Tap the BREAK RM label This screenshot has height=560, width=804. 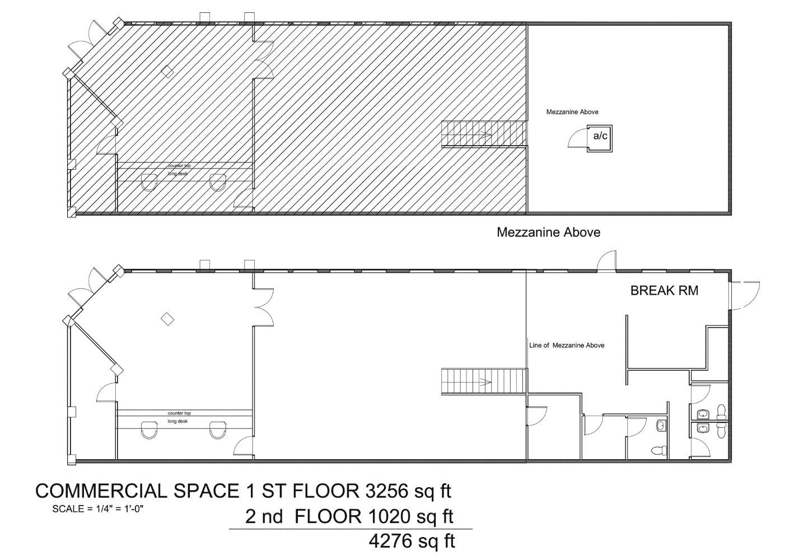tap(664, 291)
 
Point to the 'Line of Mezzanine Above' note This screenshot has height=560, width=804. tap(567, 346)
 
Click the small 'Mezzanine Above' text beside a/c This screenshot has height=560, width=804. tap(572, 112)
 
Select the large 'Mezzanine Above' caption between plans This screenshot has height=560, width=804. tap(548, 232)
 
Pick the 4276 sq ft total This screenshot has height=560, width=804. tap(412, 541)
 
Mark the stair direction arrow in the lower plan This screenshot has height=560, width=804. tap(484, 382)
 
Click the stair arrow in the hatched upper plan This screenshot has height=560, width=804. tap(484, 134)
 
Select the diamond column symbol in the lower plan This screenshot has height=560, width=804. tap(167, 319)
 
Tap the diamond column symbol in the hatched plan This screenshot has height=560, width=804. tap(167, 71)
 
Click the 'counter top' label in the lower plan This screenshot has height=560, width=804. tap(179, 413)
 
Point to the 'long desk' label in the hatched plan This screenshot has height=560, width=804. tap(178, 174)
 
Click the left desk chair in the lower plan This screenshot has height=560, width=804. tap(149, 430)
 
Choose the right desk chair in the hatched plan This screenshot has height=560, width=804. tap(218, 181)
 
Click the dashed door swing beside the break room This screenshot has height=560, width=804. tap(745, 295)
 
